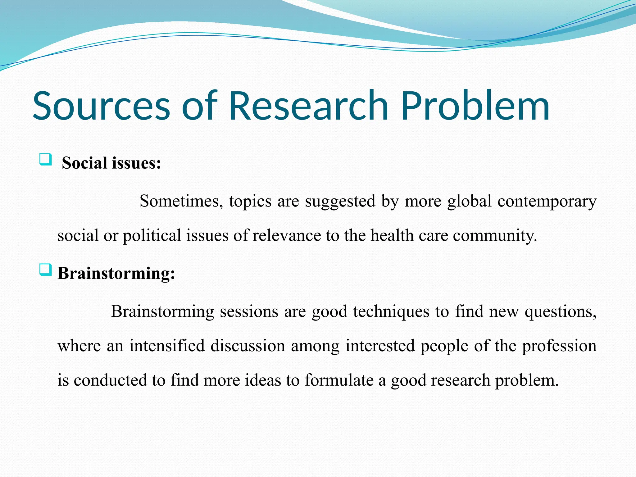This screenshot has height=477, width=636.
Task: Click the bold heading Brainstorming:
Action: pos(116,274)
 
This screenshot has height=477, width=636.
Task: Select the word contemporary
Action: pos(547,201)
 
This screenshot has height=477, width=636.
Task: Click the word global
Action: pos(469,201)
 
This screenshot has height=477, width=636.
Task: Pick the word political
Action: pos(152,235)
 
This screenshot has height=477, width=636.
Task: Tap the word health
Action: pos(392,235)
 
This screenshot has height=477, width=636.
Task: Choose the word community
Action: pos(495,235)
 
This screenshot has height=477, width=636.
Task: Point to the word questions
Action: pos(561,311)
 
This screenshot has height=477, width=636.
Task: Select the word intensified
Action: pos(167,346)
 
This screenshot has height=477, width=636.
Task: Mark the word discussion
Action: pos(248,346)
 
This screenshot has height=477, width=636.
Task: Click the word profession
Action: pos(559,346)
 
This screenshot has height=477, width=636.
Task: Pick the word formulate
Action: pos(339,380)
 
